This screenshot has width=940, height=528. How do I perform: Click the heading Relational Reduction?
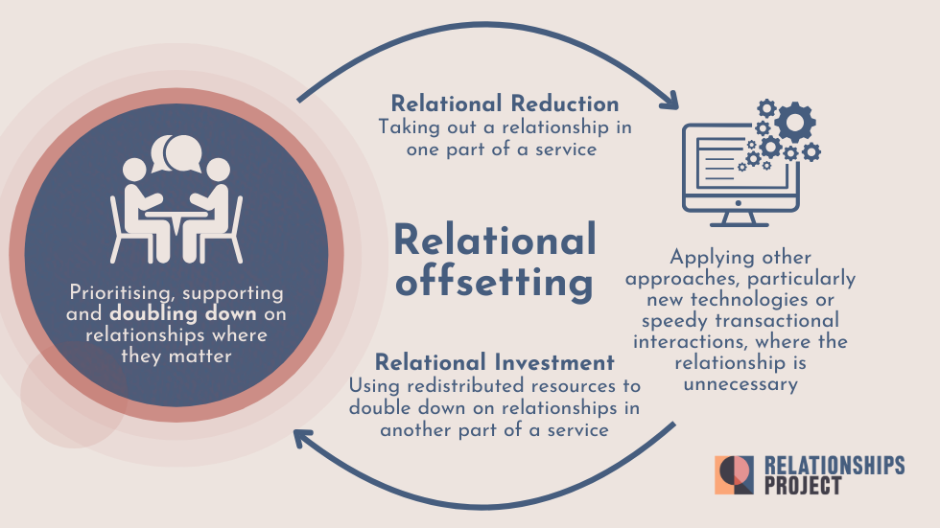coord(505,103)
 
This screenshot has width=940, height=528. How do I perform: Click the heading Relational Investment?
coord(494,363)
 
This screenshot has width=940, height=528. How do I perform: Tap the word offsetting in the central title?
coord(493,283)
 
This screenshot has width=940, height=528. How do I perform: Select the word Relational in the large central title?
coord(495,240)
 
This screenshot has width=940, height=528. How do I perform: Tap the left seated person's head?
coord(134,170)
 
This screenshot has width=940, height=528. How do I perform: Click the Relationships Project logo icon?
coord(735,475)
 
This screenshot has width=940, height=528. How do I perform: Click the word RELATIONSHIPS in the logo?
coord(834,465)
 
